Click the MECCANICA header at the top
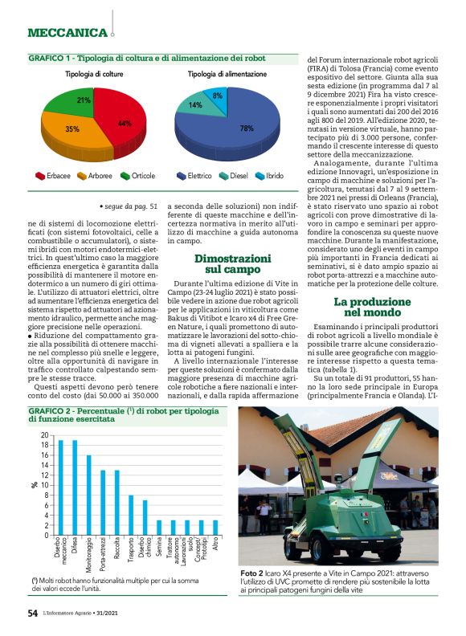pos(67,33)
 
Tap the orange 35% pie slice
pos(74,132)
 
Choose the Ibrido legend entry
pos(272,175)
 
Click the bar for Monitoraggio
pos(88,495)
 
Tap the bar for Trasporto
pos(130,515)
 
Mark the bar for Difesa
pos(75,487)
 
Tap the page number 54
pos(33,613)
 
